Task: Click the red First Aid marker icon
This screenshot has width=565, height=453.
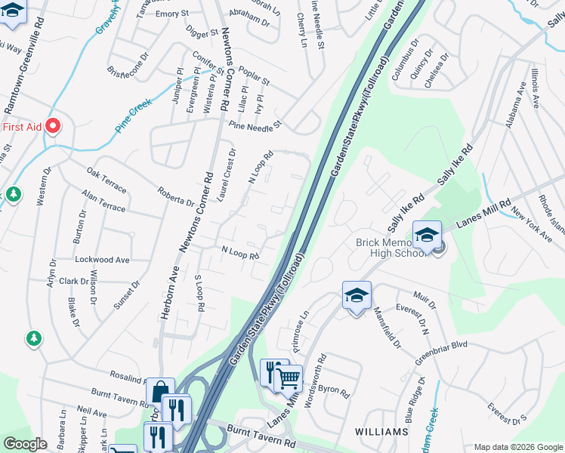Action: click(53, 126)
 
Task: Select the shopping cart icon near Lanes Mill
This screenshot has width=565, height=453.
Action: click(289, 379)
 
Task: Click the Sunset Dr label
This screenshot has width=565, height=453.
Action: click(127, 295)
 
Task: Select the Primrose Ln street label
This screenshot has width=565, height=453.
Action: click(301, 331)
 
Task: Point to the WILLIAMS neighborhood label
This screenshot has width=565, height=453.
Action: click(381, 432)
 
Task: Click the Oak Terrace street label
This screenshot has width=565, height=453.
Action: click(107, 179)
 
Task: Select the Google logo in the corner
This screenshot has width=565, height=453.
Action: click(25, 444)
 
